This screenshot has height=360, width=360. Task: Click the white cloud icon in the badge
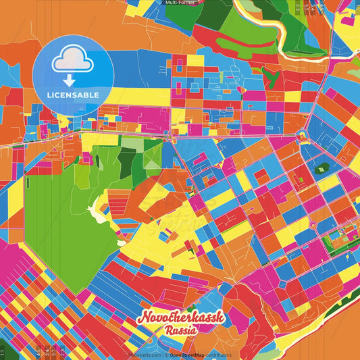(72, 60)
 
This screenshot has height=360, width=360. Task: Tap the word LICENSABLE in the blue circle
(72, 93)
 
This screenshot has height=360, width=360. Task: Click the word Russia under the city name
(180, 331)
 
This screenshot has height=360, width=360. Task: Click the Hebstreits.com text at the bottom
(143, 355)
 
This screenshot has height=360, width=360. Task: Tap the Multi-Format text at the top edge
(180, 3)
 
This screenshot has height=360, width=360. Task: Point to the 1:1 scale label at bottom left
(3, 352)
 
